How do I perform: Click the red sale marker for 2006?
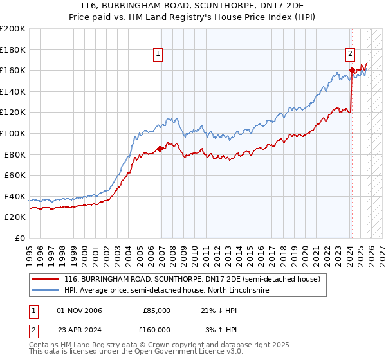[160, 149]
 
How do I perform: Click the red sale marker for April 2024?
[352, 70]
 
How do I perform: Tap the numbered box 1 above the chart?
[158, 55]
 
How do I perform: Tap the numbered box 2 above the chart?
[350, 55]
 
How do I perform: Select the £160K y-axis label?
[13, 70]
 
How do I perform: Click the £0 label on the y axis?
[19, 238]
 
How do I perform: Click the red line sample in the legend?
[46, 280]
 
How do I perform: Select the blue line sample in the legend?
[46, 291]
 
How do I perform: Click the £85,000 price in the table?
[156, 310]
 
